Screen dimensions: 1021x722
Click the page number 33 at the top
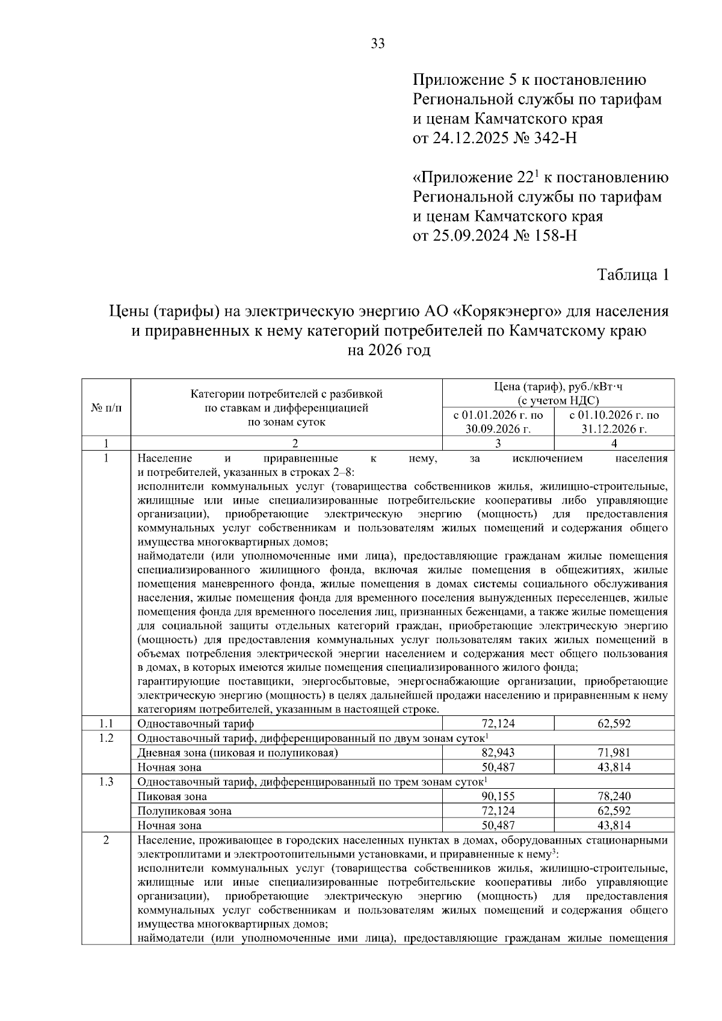click(378, 43)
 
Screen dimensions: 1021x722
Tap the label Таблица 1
click(632, 275)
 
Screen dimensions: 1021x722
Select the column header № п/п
click(106, 407)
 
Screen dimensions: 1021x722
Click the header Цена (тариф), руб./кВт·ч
click(558, 387)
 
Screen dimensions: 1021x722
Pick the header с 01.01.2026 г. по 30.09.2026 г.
click(498, 422)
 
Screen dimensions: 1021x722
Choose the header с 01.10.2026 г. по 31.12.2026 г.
click(614, 422)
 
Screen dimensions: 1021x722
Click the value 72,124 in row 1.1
click(498, 723)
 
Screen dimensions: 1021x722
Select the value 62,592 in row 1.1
click(614, 723)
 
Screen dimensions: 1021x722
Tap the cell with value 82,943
click(498, 753)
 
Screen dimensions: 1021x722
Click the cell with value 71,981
click(614, 753)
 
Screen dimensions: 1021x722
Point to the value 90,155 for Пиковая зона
click(498, 797)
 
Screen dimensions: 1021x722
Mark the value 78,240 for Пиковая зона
click(614, 797)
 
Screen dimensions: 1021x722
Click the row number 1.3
click(106, 782)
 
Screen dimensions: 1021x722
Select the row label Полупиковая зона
click(185, 811)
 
